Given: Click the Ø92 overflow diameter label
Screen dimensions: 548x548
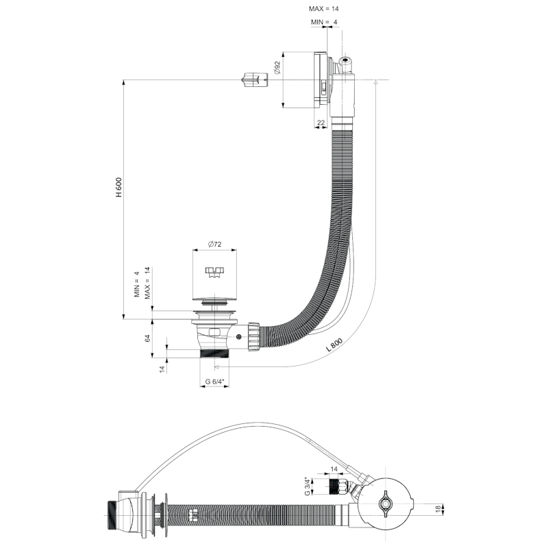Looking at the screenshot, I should pyautogui.click(x=277, y=67).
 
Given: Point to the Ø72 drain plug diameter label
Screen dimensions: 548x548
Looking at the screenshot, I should pyautogui.click(x=213, y=245).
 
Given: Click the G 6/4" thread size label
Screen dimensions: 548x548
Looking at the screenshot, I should pyautogui.click(x=213, y=381).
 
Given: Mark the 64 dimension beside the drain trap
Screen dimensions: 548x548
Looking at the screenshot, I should pyautogui.click(x=147, y=338).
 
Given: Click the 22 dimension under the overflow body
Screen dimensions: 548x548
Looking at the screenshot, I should pyautogui.click(x=321, y=123).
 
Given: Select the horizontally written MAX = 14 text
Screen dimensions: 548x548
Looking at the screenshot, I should pyautogui.click(x=324, y=9).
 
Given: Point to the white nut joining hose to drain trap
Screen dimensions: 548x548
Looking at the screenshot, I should pyautogui.click(x=253, y=337).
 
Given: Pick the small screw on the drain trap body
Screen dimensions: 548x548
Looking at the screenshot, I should pyautogui.click(x=238, y=337).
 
